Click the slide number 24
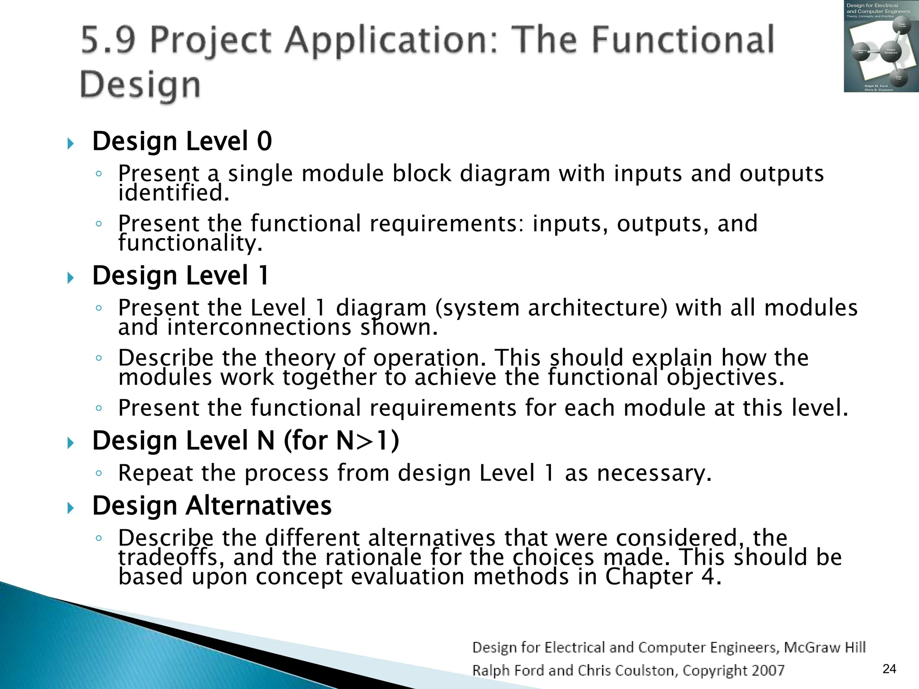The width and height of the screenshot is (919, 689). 889,669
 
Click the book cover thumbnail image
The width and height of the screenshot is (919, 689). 880,46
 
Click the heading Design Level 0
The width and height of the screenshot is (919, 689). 182,141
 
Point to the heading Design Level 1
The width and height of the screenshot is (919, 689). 180,275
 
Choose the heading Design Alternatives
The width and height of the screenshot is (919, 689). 212,506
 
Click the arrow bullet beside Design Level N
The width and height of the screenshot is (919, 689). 70,443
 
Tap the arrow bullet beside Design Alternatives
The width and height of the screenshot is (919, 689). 70,508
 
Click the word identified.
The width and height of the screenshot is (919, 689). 174,193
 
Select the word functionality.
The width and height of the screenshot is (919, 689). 190,243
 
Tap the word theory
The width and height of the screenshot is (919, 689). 300,358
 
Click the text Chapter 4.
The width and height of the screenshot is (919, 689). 663,577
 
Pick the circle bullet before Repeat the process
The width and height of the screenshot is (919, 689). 99,473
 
